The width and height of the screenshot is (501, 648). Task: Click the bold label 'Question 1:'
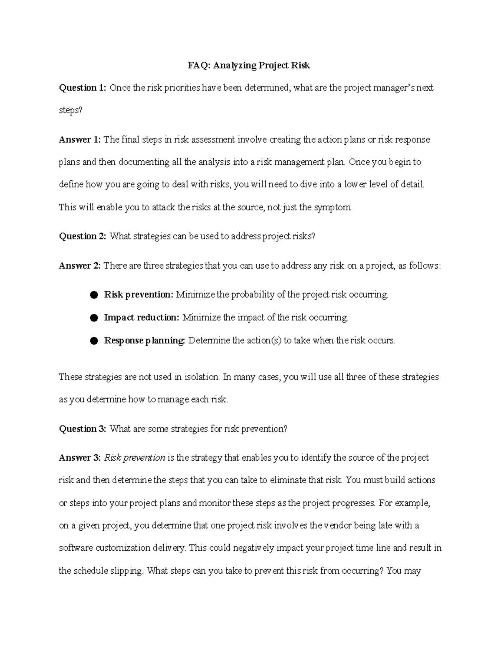(82, 88)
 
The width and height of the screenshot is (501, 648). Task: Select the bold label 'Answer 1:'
(79, 139)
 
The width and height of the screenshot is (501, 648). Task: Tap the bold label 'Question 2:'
(82, 236)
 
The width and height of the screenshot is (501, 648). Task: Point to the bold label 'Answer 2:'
(79, 266)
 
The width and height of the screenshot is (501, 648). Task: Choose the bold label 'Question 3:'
(82, 429)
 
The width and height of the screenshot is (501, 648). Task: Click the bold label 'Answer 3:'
(79, 458)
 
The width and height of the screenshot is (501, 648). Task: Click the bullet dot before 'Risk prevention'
(94, 295)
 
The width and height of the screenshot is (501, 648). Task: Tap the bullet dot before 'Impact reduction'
(94, 318)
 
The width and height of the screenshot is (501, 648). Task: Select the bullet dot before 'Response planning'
(94, 341)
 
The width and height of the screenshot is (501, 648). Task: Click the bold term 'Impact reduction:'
(142, 318)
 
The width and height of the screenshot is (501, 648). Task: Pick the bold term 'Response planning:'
(144, 340)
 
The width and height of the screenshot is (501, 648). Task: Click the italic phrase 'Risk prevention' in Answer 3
(134, 458)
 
